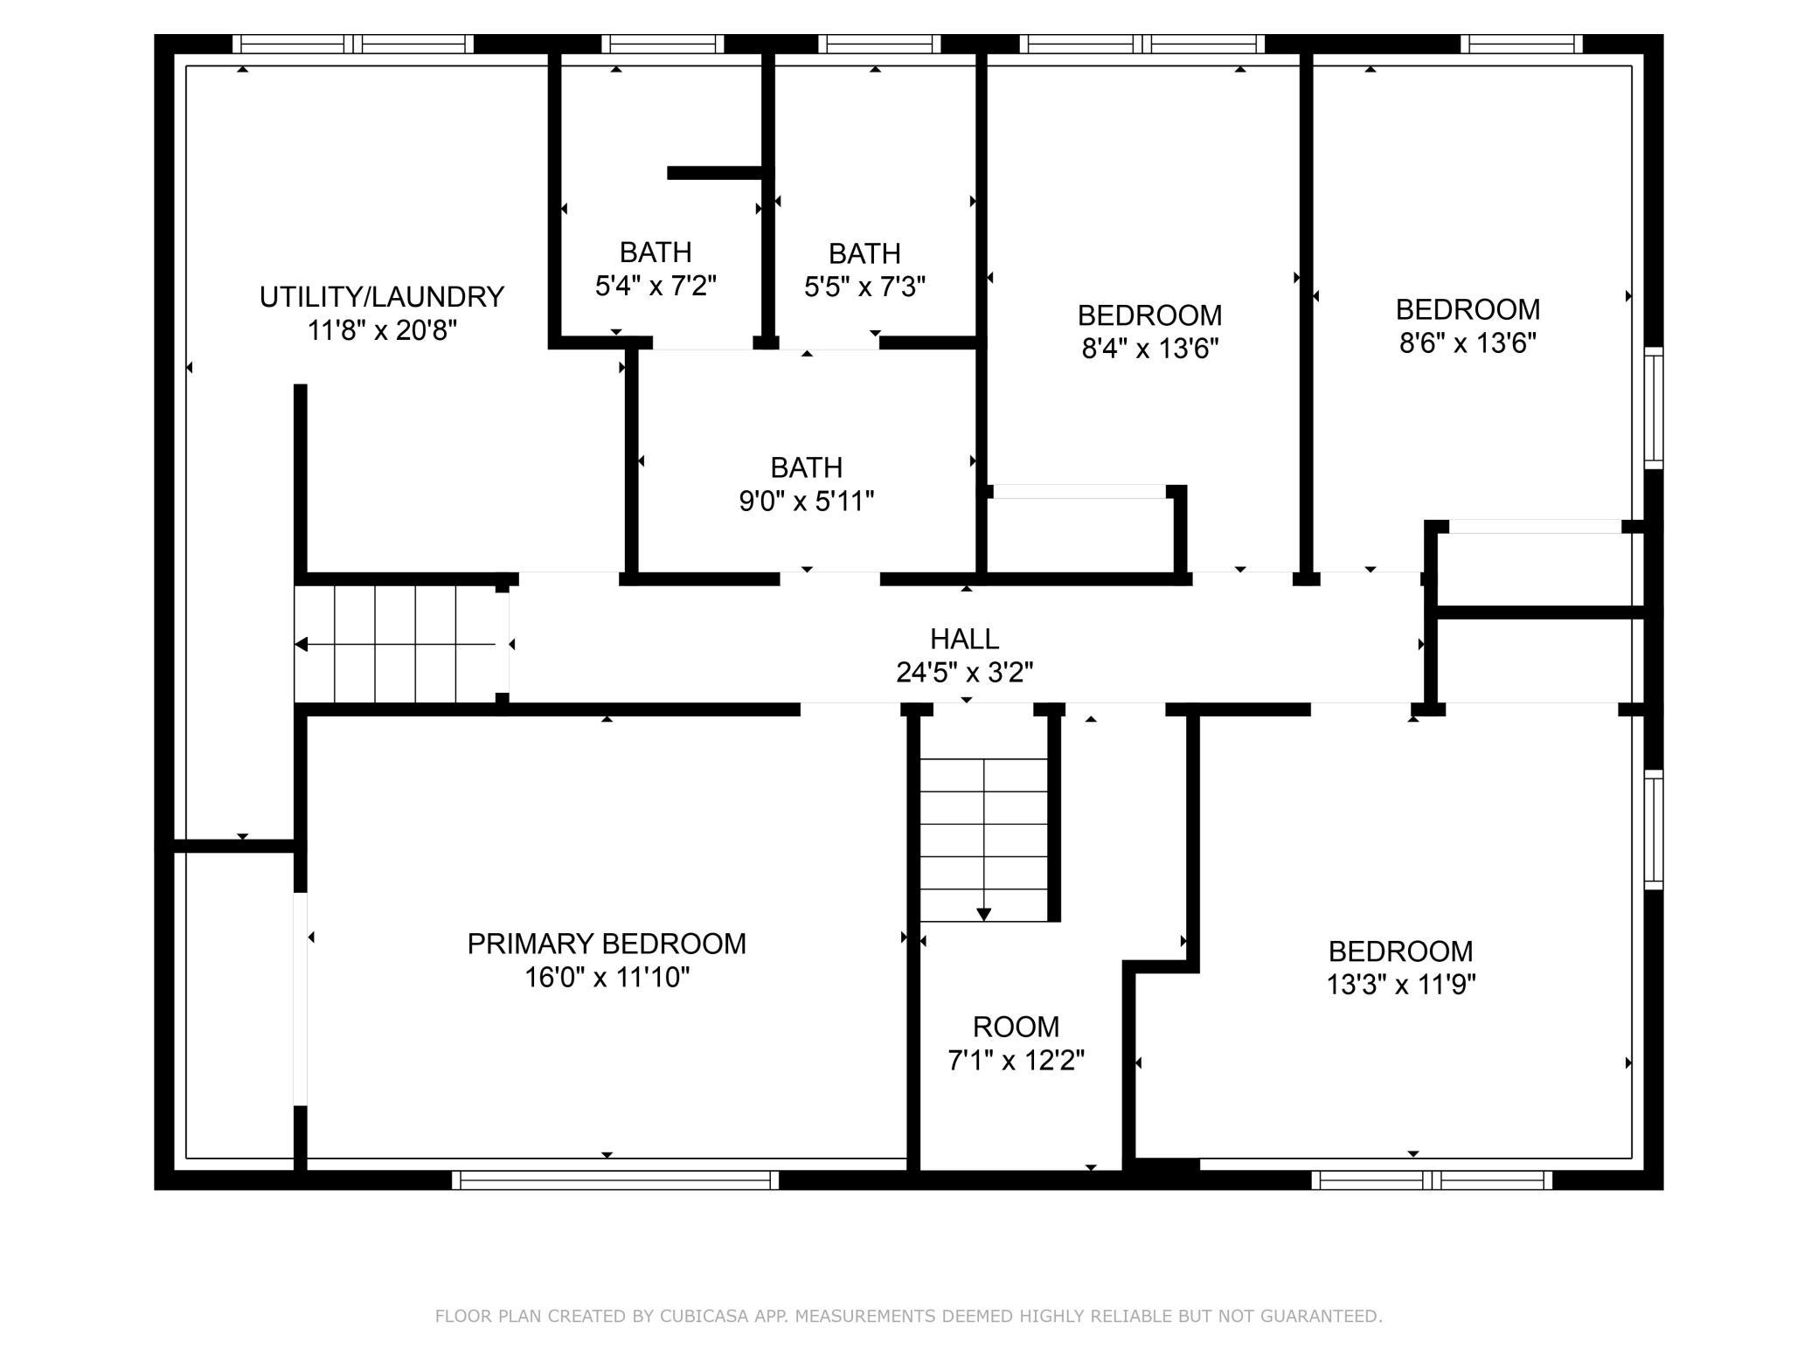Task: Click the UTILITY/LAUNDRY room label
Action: click(382, 297)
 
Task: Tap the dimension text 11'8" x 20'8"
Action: click(382, 331)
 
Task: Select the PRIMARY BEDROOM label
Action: click(607, 944)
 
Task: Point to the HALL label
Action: click(965, 640)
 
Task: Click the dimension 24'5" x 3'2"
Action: click(965, 673)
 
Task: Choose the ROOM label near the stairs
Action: click(1017, 1027)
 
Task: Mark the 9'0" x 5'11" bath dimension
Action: click(807, 502)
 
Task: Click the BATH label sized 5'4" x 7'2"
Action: click(656, 253)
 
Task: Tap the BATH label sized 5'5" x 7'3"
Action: click(864, 254)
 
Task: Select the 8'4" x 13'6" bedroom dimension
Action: click(1150, 349)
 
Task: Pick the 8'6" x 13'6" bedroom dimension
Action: click(1468, 343)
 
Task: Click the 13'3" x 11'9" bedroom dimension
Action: click(1401, 986)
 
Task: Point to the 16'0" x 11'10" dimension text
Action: click(607, 978)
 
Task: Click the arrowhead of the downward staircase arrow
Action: click(984, 915)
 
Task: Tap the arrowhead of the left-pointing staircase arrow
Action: click(301, 645)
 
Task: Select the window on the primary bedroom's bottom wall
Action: click(615, 1180)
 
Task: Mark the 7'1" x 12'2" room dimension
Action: click(1017, 1061)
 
